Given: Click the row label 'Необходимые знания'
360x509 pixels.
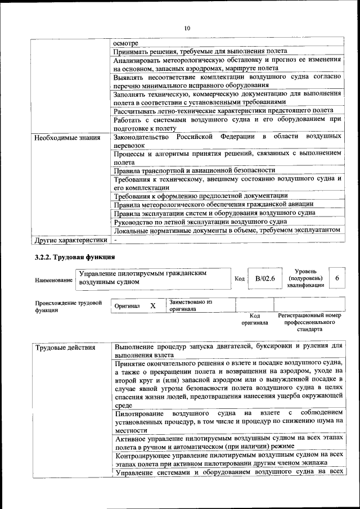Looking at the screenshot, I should [x=67, y=137].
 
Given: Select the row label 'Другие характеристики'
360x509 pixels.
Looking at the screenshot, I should [x=70, y=240].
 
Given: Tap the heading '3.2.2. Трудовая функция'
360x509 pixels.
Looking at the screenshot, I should [x=75, y=257].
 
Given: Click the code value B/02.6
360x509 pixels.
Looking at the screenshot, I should [x=264, y=278].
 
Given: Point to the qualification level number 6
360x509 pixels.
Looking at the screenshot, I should [x=337, y=278].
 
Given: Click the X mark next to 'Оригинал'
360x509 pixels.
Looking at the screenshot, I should [x=152, y=305].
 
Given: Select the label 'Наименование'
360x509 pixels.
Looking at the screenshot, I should [x=53, y=280].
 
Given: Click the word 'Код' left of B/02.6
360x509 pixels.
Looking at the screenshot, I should [x=239, y=278].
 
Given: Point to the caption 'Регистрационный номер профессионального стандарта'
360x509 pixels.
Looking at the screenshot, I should [x=309, y=323].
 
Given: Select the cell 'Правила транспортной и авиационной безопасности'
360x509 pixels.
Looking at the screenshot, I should [x=194, y=170].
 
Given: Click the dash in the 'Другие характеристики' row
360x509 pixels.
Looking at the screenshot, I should [x=115, y=240].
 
